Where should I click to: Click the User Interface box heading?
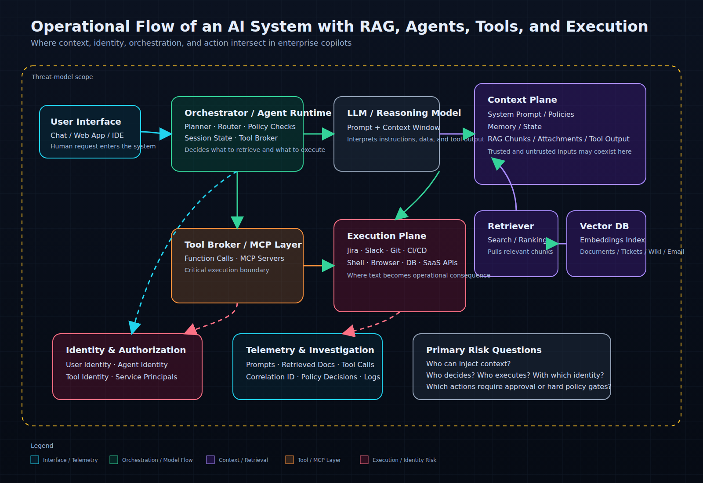86,122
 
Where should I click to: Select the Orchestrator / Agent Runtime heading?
257,113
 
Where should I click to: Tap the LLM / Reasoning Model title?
404,113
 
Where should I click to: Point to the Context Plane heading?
522,100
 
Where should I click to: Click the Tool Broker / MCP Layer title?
243,245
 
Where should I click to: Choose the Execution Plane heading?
386,236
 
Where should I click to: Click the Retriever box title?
511,226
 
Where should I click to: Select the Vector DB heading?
604,226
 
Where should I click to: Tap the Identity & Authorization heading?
126,350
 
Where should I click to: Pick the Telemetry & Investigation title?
310,350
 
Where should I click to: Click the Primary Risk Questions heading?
484,350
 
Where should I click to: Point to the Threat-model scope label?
62,77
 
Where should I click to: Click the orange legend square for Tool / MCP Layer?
290,460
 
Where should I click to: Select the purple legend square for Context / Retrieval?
210,460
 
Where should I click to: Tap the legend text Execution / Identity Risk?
404,460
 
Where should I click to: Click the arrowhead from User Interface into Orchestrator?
166,134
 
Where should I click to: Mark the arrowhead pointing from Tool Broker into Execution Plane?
328,266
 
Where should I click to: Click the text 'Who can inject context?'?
468,364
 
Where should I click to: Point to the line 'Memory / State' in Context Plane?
515,127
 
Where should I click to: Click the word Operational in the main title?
80,27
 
